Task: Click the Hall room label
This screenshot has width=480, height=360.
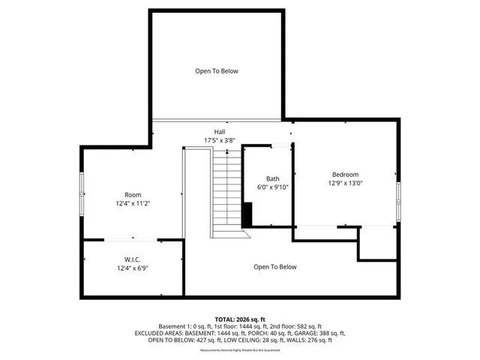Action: (220, 133)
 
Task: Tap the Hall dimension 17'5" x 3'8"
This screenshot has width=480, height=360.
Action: (220, 141)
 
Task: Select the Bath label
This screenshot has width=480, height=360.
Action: (272, 178)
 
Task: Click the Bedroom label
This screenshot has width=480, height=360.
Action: (346, 174)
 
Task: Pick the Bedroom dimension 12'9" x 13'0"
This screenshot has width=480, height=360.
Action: (346, 183)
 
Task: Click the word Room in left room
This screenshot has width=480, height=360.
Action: (133, 195)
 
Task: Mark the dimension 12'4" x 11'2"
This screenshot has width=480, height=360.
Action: (133, 204)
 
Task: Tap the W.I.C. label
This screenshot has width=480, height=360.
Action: (133, 259)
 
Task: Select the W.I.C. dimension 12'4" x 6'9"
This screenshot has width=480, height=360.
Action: (133, 268)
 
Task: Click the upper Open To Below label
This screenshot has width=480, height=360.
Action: (217, 71)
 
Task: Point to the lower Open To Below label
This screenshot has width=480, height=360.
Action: (275, 267)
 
